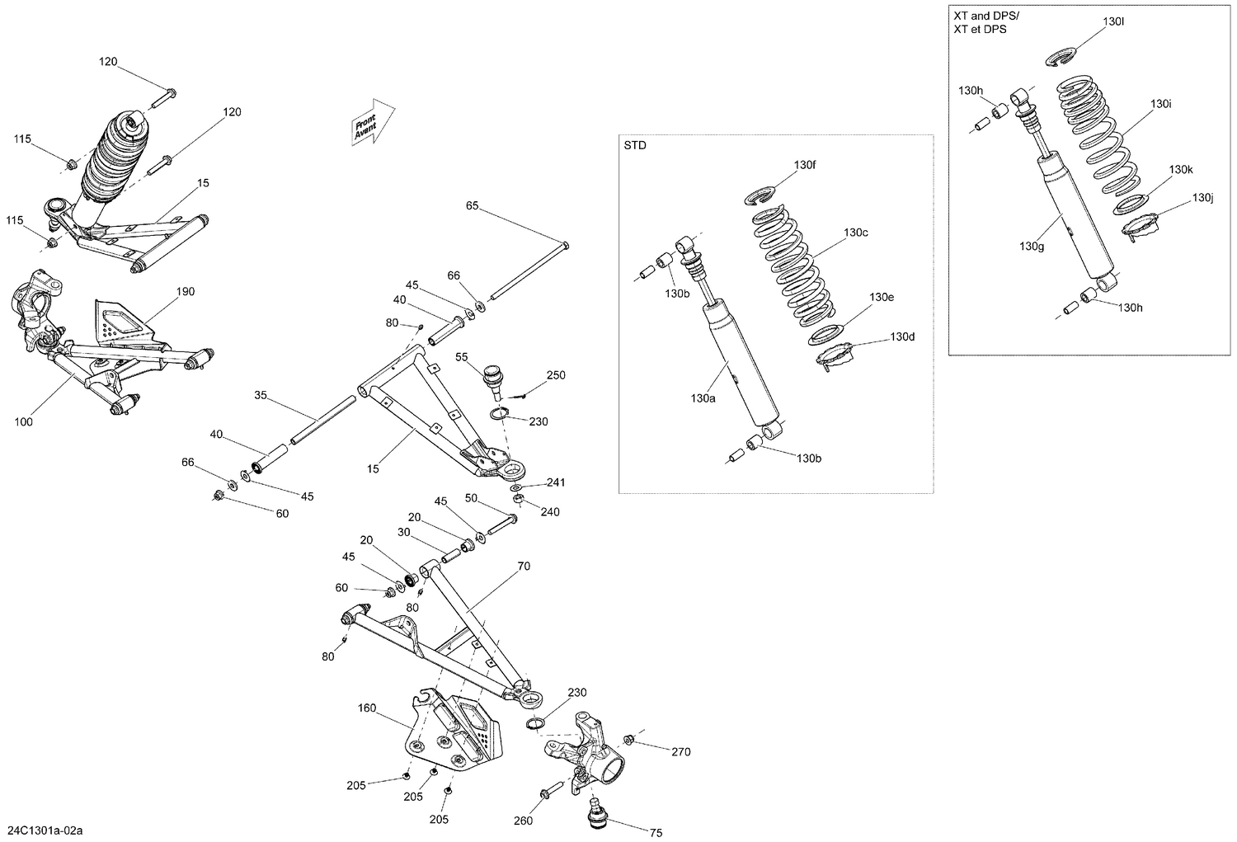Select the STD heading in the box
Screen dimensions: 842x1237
635,146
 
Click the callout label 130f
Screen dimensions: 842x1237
805,165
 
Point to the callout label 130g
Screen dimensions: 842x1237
1032,246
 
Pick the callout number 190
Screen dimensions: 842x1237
186,291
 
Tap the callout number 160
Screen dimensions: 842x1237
367,708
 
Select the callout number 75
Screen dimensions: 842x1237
656,833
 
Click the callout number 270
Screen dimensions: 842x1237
680,751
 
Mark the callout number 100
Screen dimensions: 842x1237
24,422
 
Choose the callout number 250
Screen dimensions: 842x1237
556,375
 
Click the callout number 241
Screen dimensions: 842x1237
556,482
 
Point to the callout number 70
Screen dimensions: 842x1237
524,566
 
